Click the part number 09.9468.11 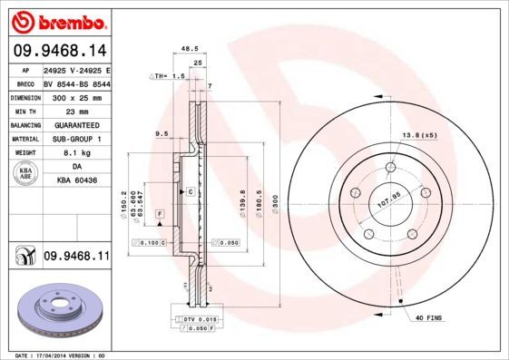coord(75,257)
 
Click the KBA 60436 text coord(75,181)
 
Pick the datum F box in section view coord(160,212)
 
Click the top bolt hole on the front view coord(390,167)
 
